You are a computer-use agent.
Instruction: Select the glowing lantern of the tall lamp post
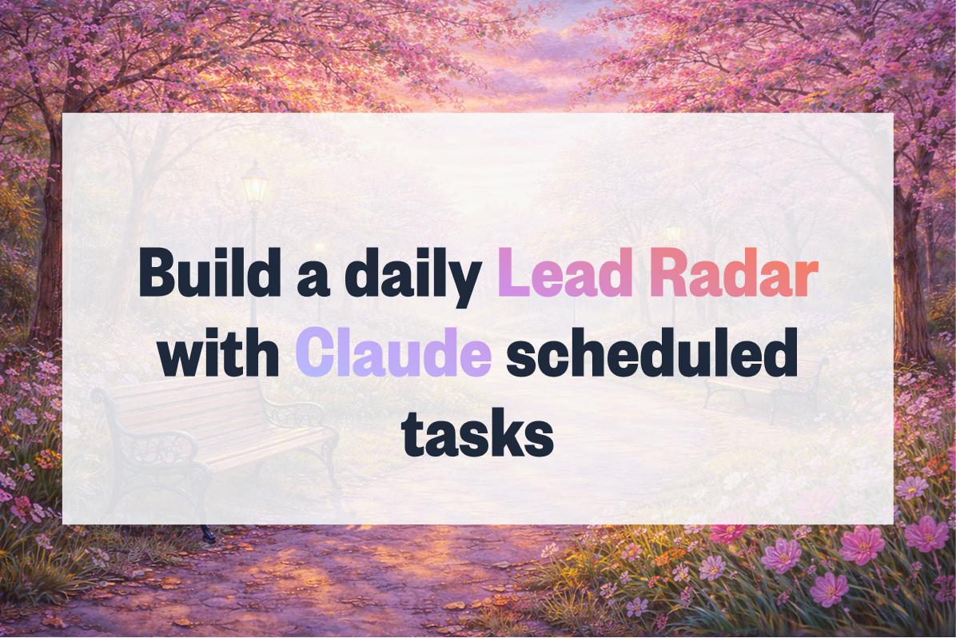255,189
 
